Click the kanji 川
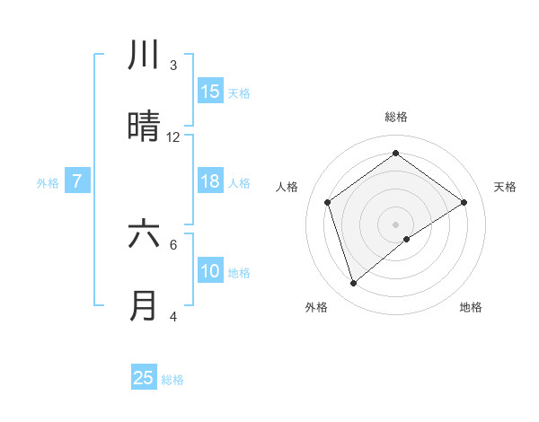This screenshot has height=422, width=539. (x=145, y=55)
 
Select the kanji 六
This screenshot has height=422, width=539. (x=145, y=233)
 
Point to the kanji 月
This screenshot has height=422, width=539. (x=145, y=305)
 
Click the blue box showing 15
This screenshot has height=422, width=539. (x=210, y=92)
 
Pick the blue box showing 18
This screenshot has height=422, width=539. (x=210, y=181)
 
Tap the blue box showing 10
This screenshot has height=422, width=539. (x=210, y=271)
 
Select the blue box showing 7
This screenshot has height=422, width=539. (x=77, y=181)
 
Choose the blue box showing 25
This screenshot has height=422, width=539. (x=144, y=378)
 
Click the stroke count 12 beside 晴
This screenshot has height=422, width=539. (x=173, y=137)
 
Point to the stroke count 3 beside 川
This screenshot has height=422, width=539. (x=173, y=66)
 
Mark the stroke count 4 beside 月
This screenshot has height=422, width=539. (x=173, y=317)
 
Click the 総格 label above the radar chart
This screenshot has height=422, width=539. (x=395, y=117)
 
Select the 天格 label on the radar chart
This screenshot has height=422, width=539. (x=505, y=187)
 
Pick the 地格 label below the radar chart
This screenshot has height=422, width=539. (x=471, y=307)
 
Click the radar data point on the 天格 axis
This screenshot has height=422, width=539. (x=464, y=202)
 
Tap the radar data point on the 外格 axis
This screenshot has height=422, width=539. (x=353, y=284)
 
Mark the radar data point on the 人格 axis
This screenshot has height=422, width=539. (x=328, y=202)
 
